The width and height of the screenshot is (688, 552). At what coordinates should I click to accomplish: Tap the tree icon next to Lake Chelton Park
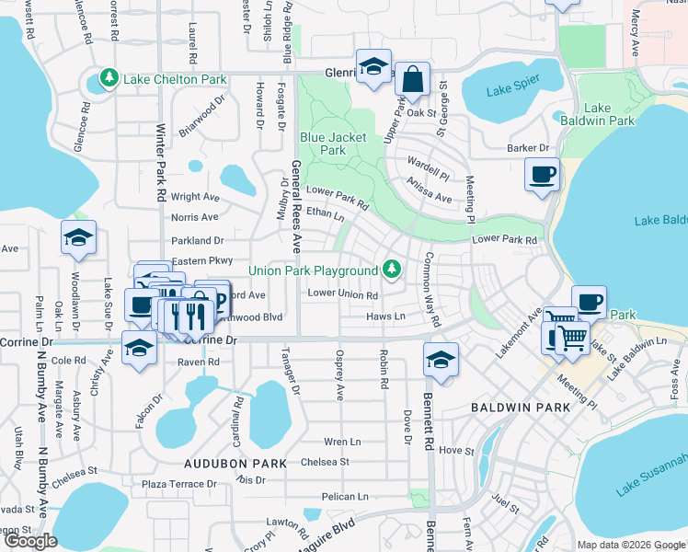[109, 75]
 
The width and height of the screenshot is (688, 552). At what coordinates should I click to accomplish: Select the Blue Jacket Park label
[333, 144]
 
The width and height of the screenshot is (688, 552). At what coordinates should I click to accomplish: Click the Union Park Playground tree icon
[393, 270]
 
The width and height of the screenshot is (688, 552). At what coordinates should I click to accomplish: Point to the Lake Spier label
[512, 89]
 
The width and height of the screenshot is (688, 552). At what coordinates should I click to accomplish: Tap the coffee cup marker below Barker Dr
[542, 174]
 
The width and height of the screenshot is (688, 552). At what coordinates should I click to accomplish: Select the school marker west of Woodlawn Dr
[79, 238]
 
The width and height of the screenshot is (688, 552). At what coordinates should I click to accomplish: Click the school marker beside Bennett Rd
[441, 359]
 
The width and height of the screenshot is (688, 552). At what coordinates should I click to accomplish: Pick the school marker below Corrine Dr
[139, 348]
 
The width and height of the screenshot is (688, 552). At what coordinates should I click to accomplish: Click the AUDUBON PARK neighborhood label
[235, 462]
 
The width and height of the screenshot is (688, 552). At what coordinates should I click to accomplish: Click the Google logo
[31, 541]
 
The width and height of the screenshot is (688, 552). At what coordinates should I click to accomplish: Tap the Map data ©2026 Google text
[630, 545]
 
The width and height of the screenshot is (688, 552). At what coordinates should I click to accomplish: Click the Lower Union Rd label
[343, 294]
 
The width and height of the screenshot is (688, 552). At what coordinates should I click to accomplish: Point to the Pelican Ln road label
[345, 497]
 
